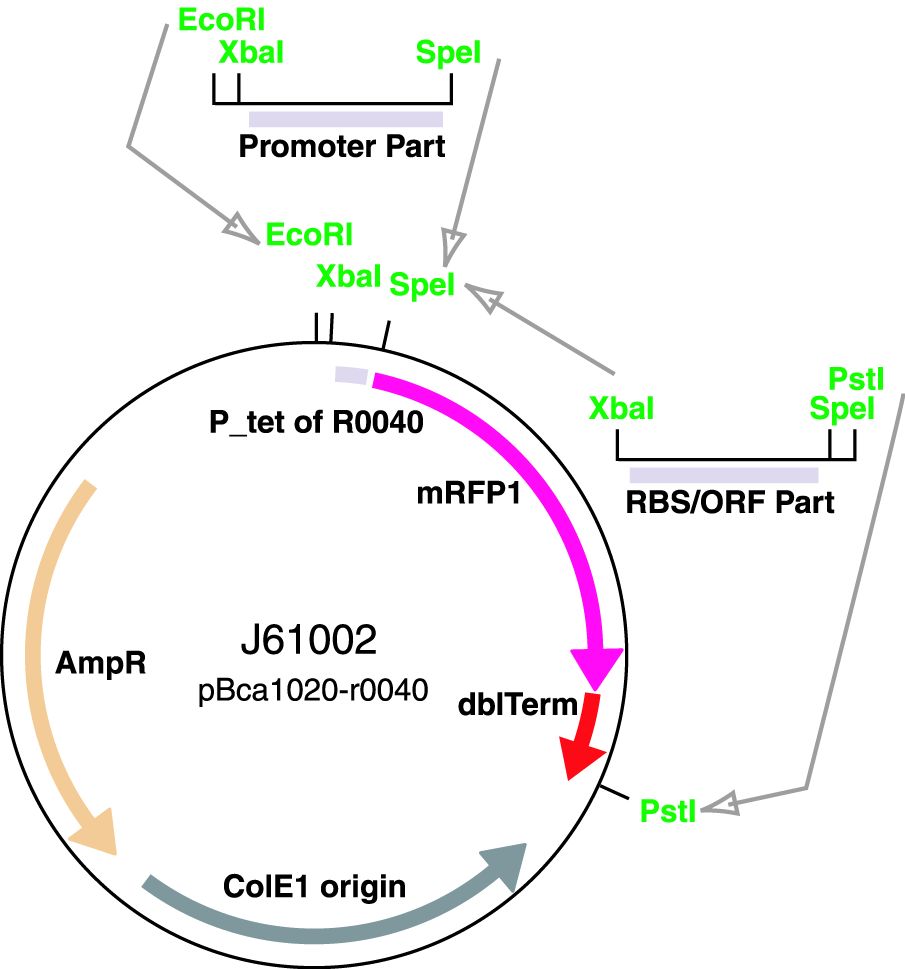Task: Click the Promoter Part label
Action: click(341, 147)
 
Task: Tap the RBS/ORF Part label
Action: click(730, 500)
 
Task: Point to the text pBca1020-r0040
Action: click(314, 689)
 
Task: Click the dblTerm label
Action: click(517, 704)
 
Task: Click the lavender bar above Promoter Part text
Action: click(345, 119)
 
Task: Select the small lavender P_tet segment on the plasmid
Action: click(351, 374)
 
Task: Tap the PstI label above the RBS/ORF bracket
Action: click(851, 379)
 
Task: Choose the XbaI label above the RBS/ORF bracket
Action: click(621, 408)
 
